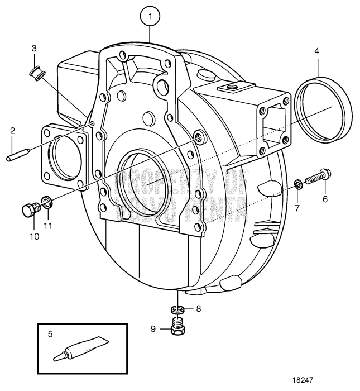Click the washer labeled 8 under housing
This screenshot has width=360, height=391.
tap(179, 309)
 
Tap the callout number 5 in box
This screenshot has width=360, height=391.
tap(50, 335)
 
